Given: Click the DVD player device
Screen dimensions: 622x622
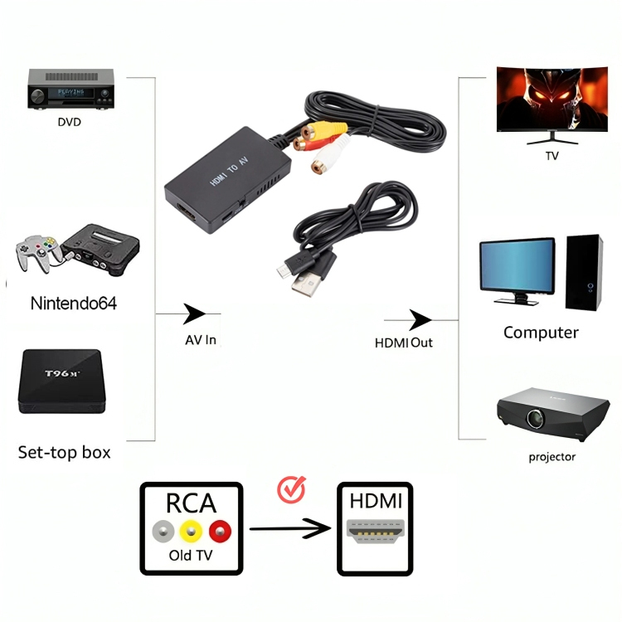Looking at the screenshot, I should [70, 89].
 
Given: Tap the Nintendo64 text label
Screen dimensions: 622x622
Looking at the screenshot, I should [73, 303].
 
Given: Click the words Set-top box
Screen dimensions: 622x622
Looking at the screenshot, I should [64, 452].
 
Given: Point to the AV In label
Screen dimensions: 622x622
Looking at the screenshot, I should [201, 340].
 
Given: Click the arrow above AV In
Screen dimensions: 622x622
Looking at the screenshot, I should [194, 313].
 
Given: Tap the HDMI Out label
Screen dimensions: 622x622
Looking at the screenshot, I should [404, 342].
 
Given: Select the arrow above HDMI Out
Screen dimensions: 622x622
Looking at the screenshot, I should [420, 320].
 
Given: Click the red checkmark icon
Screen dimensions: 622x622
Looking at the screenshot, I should [291, 490].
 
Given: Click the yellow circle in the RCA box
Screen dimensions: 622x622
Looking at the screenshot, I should [192, 530].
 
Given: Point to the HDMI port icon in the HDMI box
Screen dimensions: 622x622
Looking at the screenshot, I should [376, 532].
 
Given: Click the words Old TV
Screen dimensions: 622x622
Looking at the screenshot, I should [190, 555].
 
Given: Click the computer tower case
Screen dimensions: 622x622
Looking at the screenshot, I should [585, 271].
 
